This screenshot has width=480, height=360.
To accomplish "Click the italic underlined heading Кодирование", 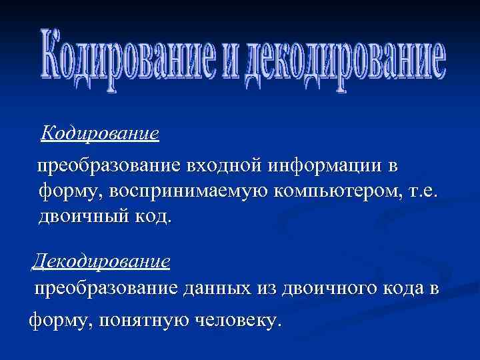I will [x=100, y=133].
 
